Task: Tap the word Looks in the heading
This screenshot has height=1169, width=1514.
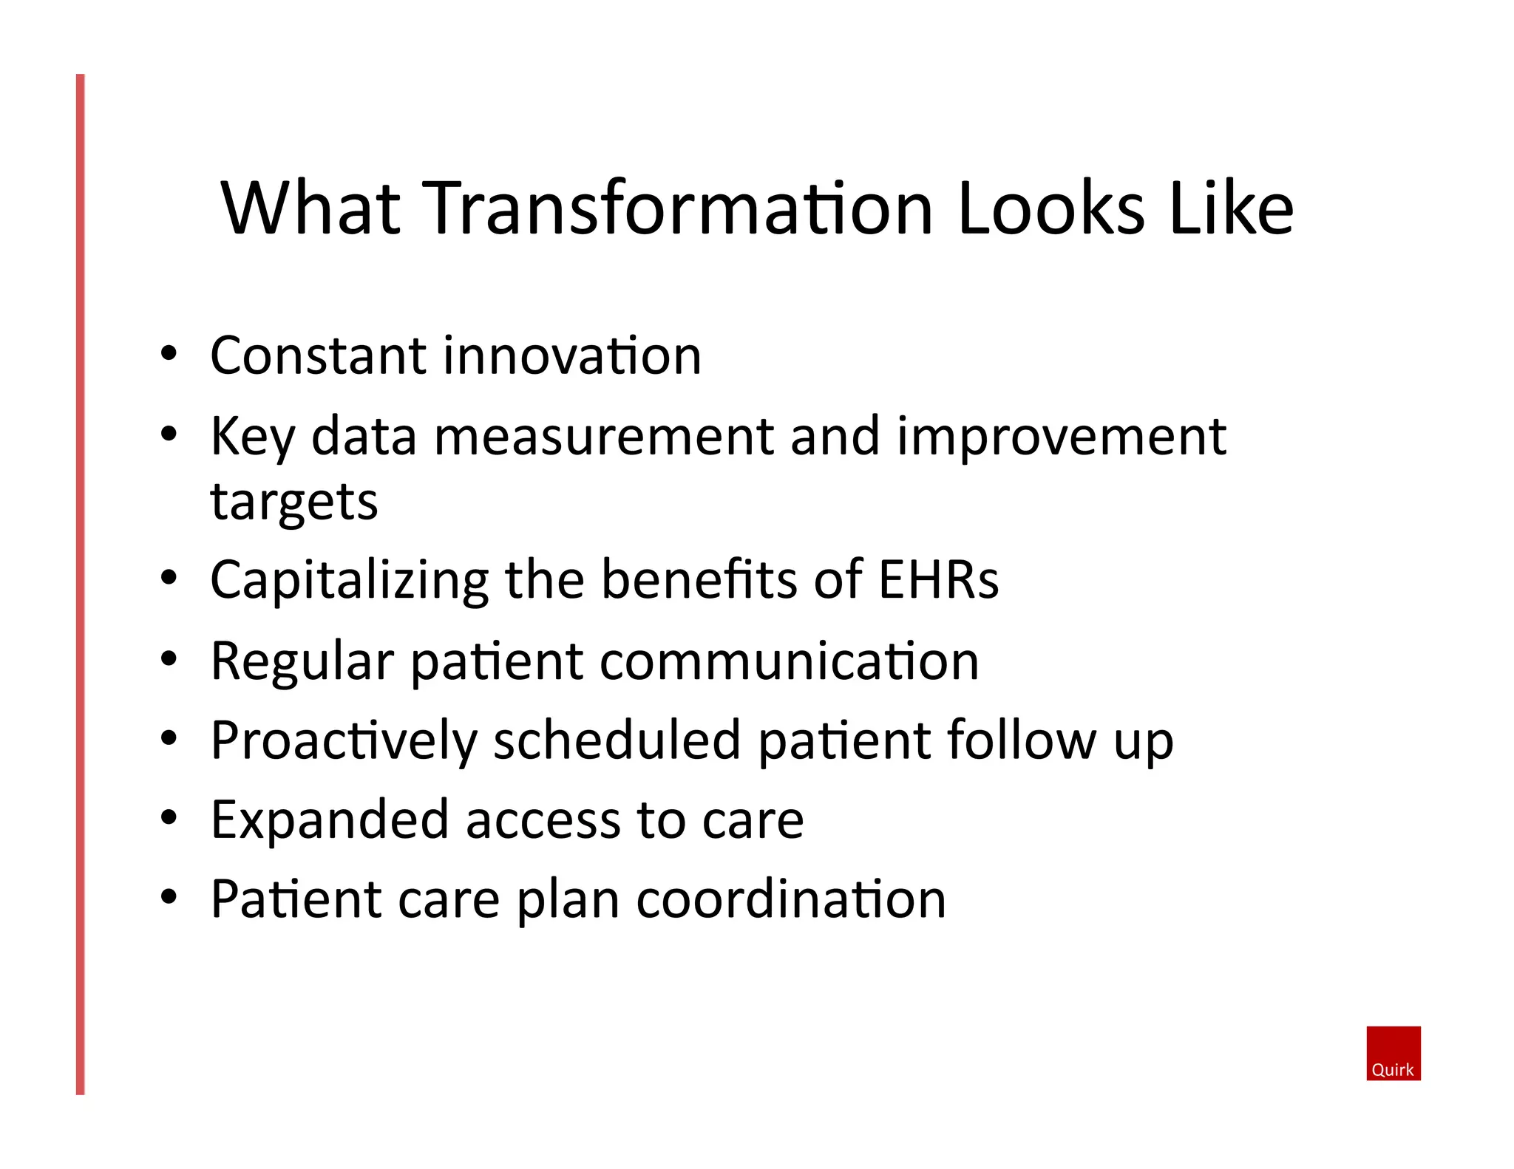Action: tap(1050, 209)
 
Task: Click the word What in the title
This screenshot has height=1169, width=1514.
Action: tap(311, 209)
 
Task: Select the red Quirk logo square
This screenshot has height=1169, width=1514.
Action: tap(1393, 1053)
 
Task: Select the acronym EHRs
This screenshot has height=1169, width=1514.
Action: tap(938, 579)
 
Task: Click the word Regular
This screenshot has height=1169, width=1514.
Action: tap(302, 661)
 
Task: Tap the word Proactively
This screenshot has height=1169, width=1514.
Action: tap(343, 741)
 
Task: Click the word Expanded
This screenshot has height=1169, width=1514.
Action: tap(329, 821)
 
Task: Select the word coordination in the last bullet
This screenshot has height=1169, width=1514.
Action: tap(790, 900)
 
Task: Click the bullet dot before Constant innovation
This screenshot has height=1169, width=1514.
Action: tap(169, 353)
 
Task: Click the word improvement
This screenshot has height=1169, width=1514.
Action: tap(1062, 437)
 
